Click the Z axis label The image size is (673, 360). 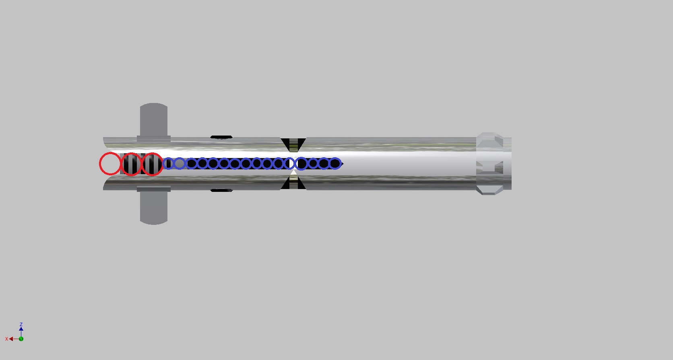[x=21, y=325]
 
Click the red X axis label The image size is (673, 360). [x=6, y=339]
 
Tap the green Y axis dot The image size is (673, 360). [x=21, y=339]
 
